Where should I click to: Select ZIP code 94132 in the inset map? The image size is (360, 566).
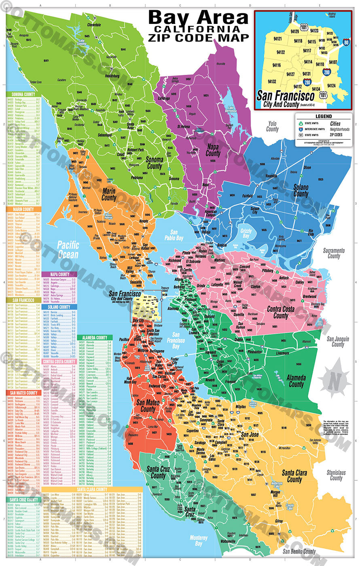pyautogui.click(x=272, y=81)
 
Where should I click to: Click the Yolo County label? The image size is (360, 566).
pyautogui.click(x=272, y=127)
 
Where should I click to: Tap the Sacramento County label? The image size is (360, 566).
pyautogui.click(x=334, y=253)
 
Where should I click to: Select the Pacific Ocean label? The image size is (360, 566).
pyautogui.click(x=68, y=249)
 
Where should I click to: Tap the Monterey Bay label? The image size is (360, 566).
pyautogui.click(x=198, y=541)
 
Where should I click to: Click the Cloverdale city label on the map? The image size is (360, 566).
pyautogui.click(x=94, y=25)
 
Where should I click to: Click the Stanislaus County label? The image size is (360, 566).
pyautogui.click(x=336, y=475)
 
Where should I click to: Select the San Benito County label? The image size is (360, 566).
pyautogui.click(x=299, y=551)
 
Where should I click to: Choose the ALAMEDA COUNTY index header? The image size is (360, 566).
pyautogui.click(x=95, y=338)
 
